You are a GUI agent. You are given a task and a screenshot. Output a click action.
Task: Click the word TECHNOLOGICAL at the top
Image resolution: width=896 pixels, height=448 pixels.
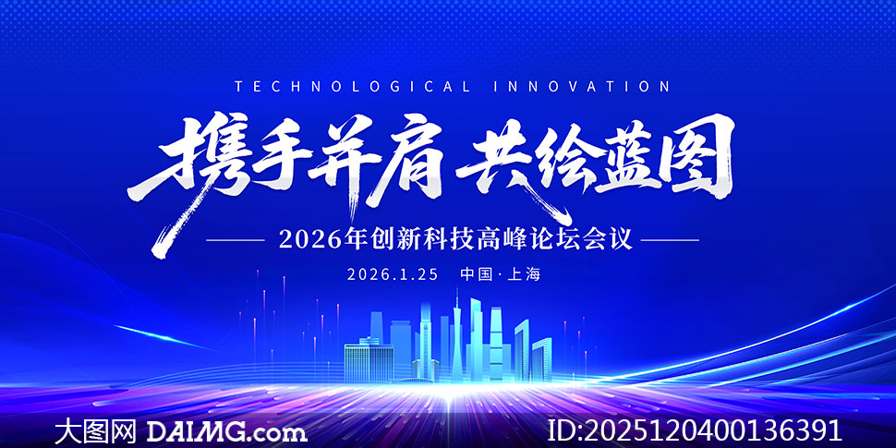[353, 87]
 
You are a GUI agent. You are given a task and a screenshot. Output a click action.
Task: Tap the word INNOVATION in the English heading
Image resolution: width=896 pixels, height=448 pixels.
[581, 87]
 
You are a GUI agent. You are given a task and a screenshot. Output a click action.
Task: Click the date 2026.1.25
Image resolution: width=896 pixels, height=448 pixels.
[393, 274]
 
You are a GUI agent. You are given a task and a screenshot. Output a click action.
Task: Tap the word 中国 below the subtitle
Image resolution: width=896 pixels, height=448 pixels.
[477, 274]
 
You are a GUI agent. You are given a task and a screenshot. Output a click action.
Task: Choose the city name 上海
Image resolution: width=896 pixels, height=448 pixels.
[524, 274]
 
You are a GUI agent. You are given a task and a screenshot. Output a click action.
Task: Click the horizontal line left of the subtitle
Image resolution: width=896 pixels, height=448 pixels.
[236, 240]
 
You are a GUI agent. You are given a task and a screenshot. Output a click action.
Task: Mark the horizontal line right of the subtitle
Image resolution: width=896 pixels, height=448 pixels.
[669, 240]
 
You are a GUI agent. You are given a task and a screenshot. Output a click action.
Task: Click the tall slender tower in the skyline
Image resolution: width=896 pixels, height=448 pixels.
[456, 337]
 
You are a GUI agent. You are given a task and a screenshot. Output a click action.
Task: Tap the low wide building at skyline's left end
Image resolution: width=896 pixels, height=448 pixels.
[369, 361]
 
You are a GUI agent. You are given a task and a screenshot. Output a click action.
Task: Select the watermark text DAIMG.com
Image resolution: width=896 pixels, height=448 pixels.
[227, 430]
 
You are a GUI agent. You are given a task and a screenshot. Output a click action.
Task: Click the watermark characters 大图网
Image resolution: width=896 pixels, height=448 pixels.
[95, 430]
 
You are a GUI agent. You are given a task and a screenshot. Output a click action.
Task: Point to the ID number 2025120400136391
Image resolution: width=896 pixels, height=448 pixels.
[695, 430]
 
